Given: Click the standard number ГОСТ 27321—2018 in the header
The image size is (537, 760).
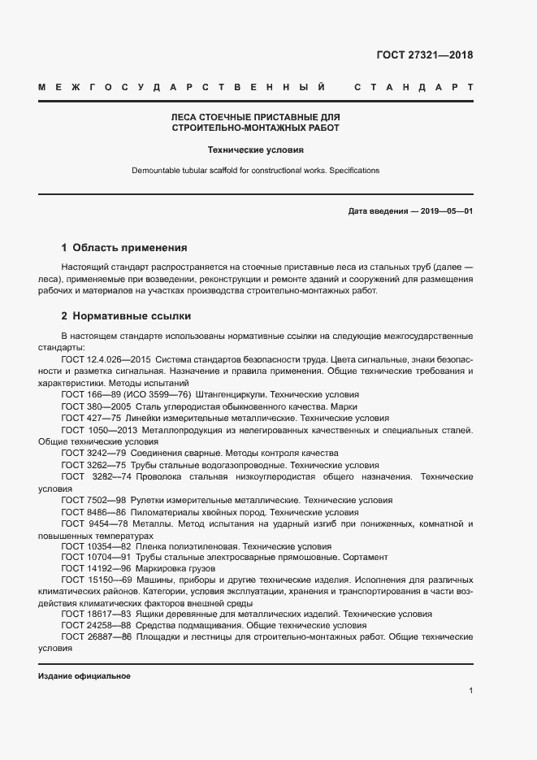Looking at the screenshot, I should point(424,56).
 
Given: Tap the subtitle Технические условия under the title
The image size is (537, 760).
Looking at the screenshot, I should point(256,150).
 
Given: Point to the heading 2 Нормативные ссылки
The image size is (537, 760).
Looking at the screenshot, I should point(126,315).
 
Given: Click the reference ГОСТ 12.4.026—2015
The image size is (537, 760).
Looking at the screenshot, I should point(105,358).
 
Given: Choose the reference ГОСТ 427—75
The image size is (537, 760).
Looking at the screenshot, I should point(89,418).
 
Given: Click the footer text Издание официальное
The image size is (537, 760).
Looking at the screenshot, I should point(84,676).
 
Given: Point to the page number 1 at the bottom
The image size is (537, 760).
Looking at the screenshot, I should point(470,691).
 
